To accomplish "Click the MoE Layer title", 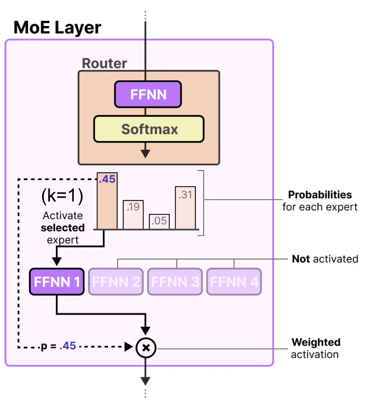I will click(57, 28).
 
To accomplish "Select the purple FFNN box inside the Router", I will click(148, 94).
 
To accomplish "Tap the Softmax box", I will click(149, 129).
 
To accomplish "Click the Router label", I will click(104, 63).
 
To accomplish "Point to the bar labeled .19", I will click(133, 215).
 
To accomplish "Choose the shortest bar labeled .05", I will click(159, 221).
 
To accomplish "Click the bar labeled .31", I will click(185, 208).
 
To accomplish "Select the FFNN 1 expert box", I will click(57, 282).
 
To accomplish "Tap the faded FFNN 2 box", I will click(116, 282).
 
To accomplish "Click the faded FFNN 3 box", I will click(175, 282).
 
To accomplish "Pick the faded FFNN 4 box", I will click(234, 282).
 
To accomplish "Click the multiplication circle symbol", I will click(146, 347).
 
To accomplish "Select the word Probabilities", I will click(320, 195).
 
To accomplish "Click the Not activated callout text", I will click(325, 259).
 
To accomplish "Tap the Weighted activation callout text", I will click(315, 348).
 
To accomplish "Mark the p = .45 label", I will click(58, 347).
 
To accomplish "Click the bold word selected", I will click(63, 228).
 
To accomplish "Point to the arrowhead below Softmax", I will click(145, 154).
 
